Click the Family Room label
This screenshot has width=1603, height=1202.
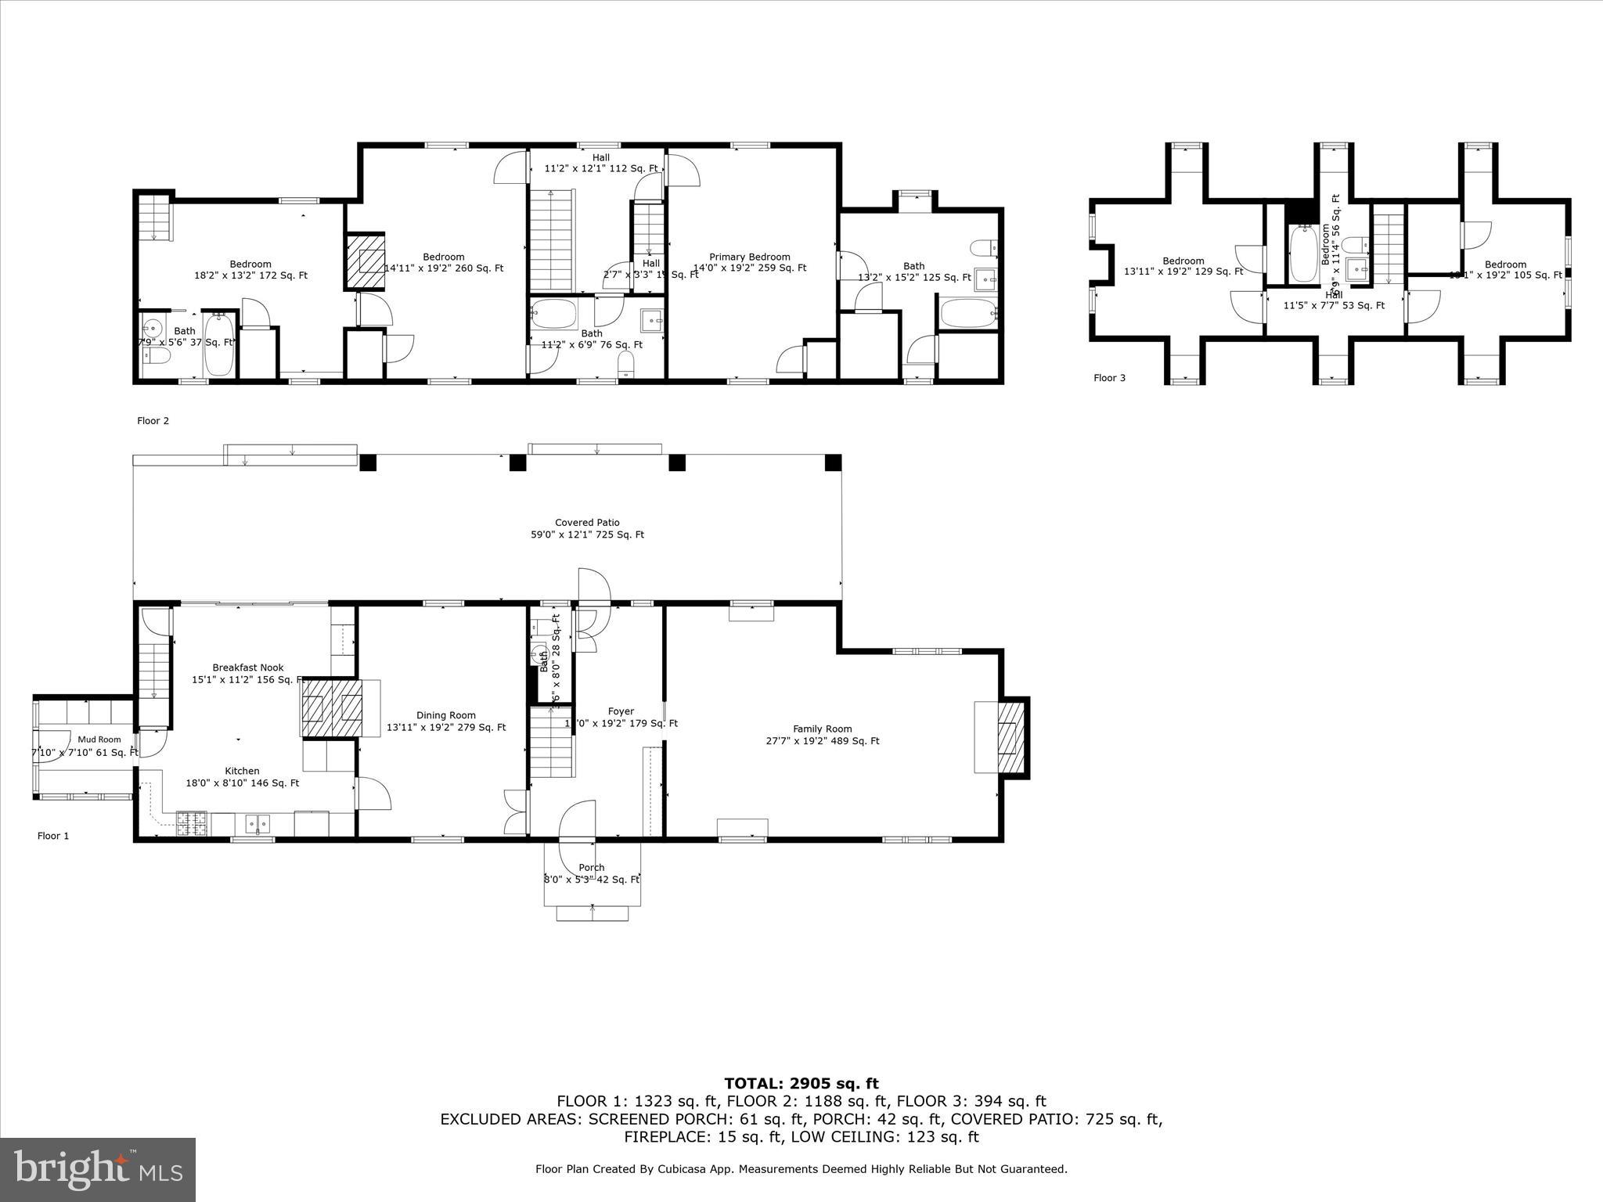(822, 729)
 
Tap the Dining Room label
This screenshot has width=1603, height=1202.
(446, 715)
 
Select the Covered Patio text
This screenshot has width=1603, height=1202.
(587, 523)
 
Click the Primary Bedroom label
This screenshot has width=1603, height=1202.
(749, 257)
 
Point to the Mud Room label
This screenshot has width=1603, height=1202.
(99, 740)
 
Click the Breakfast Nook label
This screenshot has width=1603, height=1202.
(248, 668)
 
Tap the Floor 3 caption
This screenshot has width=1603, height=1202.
(1109, 378)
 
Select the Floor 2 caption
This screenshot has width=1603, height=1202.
(153, 421)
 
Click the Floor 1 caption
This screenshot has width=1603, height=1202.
(53, 836)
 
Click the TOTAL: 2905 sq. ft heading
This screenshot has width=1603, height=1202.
(801, 1084)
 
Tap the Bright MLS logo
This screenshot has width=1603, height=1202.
(98, 1169)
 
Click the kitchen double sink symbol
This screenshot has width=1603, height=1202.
(257, 823)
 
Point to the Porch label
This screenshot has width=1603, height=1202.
(592, 867)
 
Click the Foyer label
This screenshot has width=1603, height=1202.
(621, 711)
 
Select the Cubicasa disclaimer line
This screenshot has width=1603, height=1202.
(801, 1169)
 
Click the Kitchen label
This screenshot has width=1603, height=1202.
(242, 771)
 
